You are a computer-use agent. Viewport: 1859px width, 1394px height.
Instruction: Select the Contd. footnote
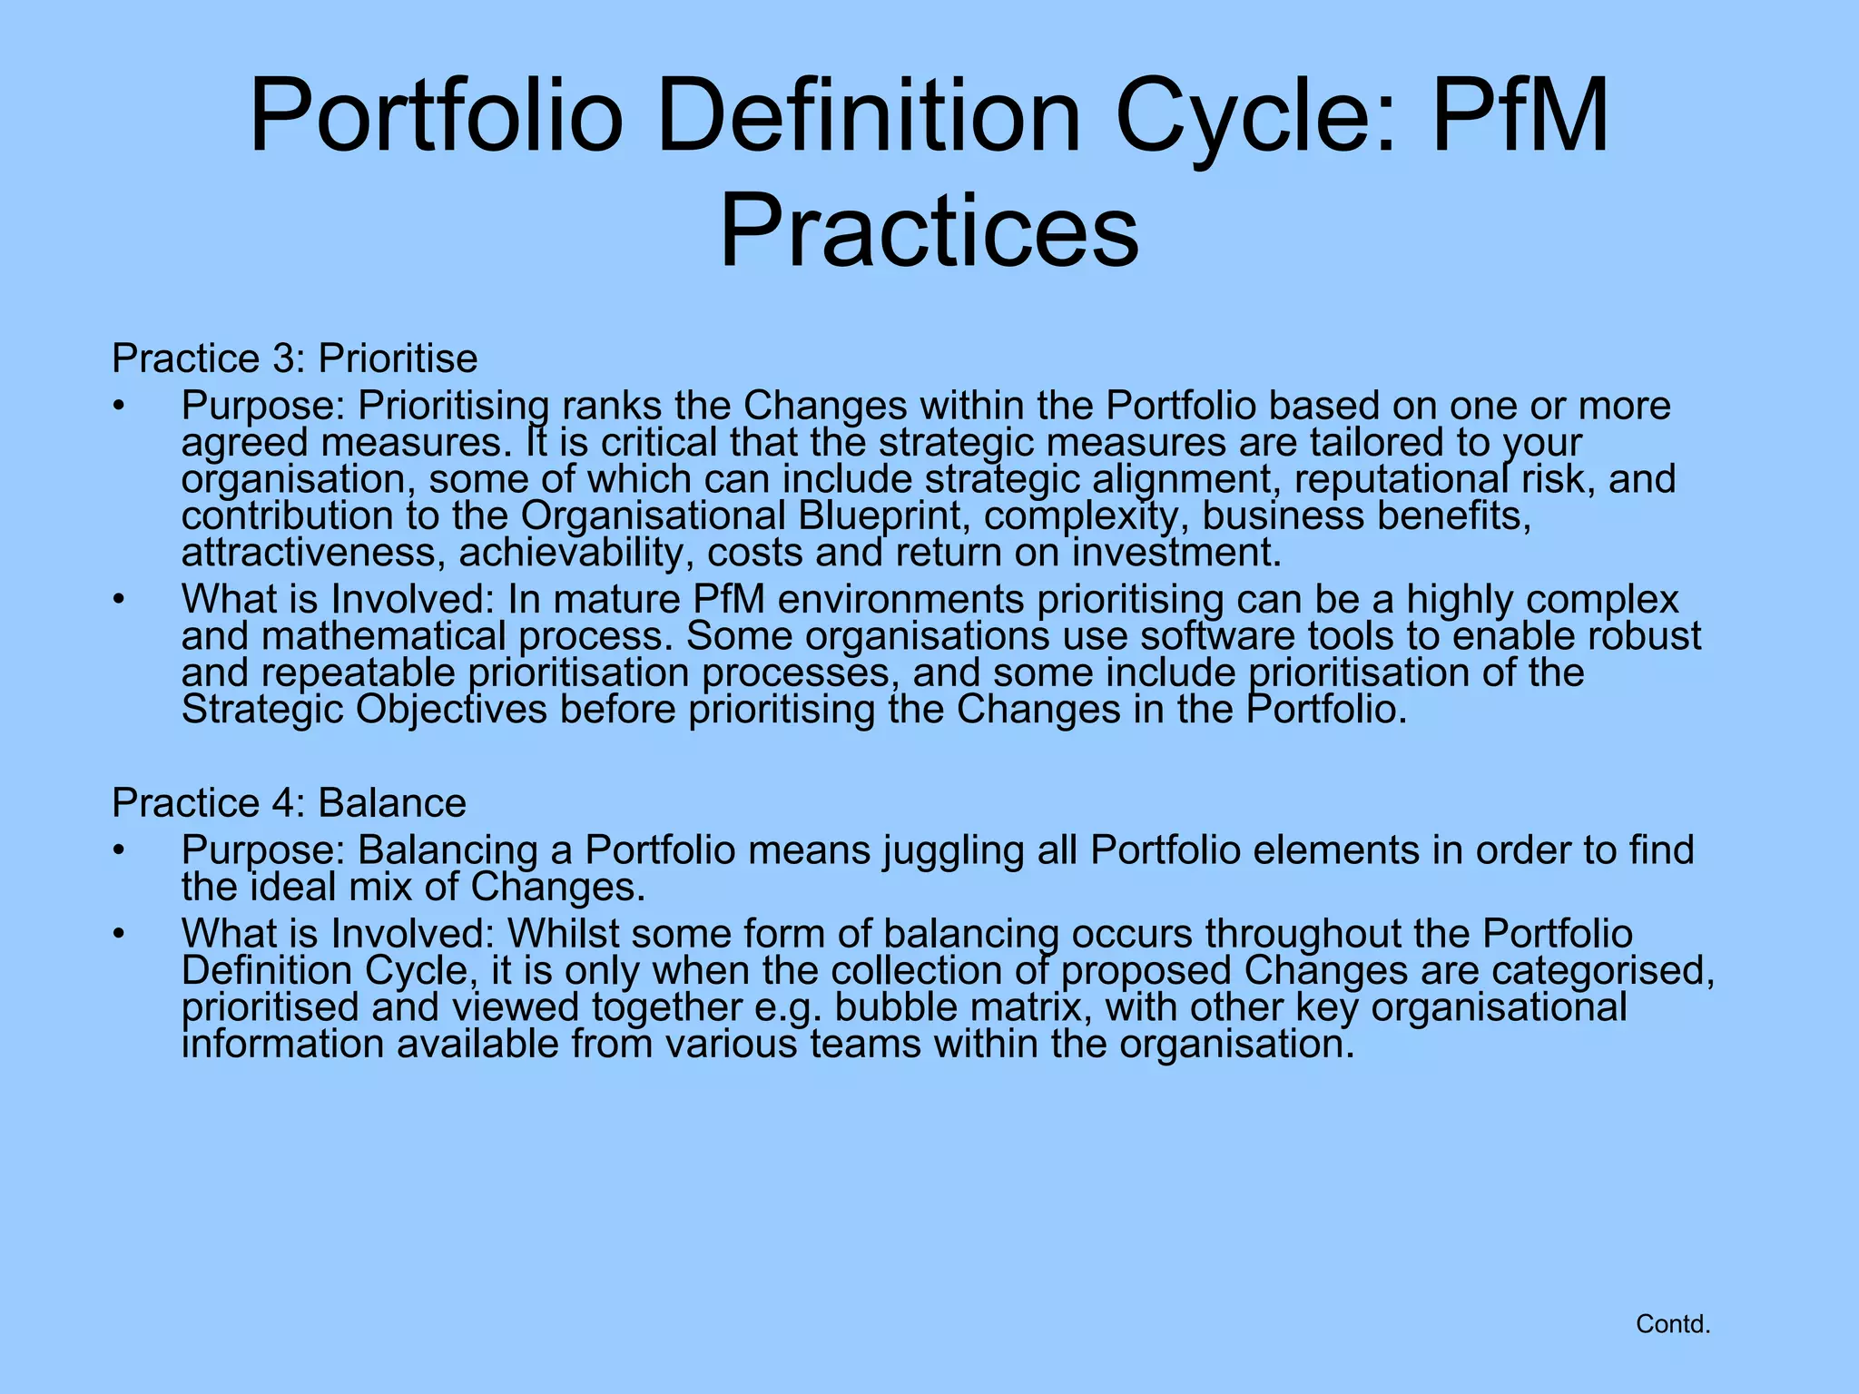tap(1673, 1324)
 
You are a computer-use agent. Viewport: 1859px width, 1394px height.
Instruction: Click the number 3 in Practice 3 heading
tap(280, 358)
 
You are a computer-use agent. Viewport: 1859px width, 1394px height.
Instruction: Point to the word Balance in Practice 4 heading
tap(392, 803)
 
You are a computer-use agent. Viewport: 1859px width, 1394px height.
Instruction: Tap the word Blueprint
tap(880, 515)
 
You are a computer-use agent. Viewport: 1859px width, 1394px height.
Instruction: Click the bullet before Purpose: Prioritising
tap(118, 406)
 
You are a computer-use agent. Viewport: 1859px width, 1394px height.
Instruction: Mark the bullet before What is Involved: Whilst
tap(118, 934)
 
